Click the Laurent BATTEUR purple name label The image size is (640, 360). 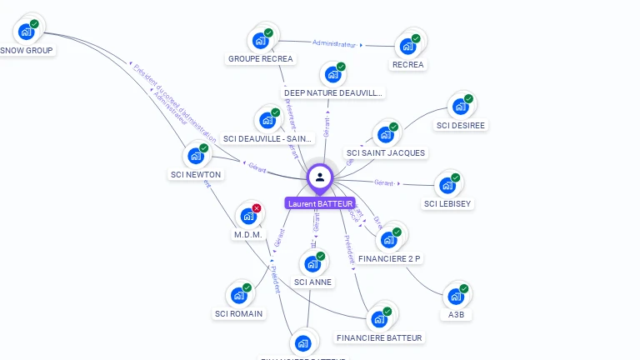(320, 203)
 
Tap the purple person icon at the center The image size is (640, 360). (320, 177)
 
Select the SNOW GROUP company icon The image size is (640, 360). (27, 32)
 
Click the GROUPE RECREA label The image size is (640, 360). (261, 59)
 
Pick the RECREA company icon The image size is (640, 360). (407, 46)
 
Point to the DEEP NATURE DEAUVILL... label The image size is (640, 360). (333, 93)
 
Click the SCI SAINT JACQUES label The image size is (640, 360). (386, 153)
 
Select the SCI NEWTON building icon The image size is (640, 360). (196, 156)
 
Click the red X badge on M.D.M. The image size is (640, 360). (257, 208)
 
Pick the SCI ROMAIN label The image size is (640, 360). (238, 314)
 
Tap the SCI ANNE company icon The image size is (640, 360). (312, 265)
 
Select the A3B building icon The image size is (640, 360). (455, 296)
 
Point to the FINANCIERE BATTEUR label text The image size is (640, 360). (379, 337)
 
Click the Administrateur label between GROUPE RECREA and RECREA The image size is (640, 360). (335, 43)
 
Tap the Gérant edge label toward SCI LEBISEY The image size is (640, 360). (384, 182)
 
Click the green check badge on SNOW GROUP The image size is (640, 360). (35, 24)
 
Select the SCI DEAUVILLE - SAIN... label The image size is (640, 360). (267, 139)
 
